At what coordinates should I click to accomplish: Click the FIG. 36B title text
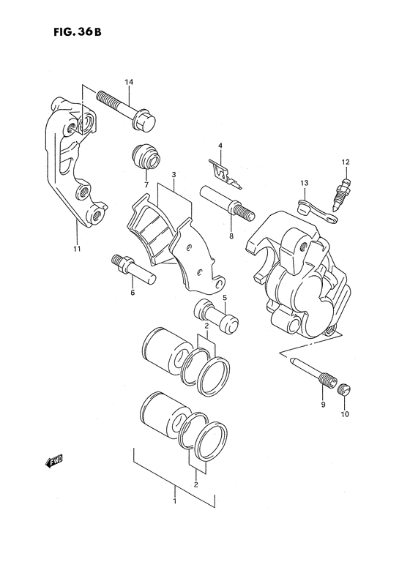click(77, 32)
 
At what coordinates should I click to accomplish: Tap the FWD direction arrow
click(54, 461)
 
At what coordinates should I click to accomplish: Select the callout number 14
click(129, 82)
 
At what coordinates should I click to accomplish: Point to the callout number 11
click(77, 249)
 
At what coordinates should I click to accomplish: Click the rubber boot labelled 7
click(146, 159)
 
